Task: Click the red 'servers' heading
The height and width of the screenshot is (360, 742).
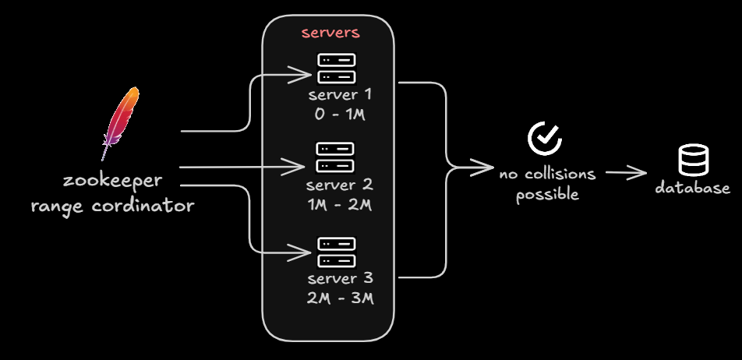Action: coord(330,34)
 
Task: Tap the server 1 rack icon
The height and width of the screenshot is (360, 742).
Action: coord(337,68)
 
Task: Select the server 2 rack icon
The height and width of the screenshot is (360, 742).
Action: coord(335,158)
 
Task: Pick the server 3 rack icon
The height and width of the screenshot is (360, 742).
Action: coord(337,252)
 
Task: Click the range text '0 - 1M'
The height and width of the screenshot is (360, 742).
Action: coord(340,115)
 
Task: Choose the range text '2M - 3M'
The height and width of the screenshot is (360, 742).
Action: coord(340,298)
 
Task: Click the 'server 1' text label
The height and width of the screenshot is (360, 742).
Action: coord(340,95)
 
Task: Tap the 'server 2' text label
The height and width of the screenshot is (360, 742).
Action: coord(340,186)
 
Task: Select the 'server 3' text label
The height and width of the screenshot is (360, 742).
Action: coord(340,279)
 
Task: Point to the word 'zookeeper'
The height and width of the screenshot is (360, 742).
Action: coord(112,181)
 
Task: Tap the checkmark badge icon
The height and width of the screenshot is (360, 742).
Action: coord(545,138)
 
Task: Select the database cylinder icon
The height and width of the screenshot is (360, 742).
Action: coord(692,161)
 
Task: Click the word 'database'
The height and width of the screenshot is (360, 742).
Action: coord(692,188)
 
